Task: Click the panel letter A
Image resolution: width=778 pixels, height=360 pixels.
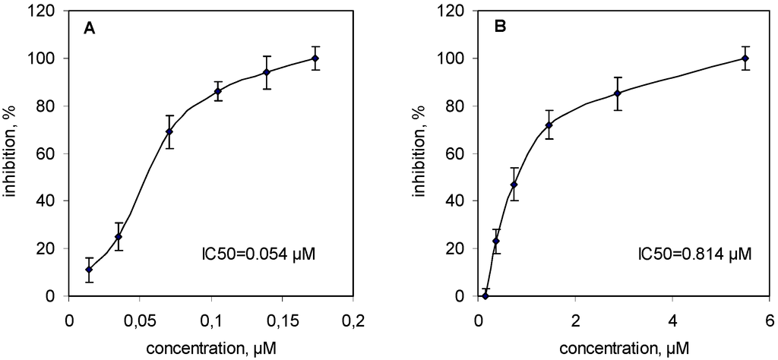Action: pos(89,30)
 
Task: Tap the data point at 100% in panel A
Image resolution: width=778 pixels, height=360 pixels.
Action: pos(315,58)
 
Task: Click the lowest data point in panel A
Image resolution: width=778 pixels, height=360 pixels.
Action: pos(89,270)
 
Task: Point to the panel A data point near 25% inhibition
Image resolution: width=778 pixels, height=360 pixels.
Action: pos(118,237)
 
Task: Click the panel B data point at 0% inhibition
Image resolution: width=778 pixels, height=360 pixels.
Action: pos(485,295)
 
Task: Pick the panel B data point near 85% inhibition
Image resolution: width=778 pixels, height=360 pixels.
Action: pos(618,93)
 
